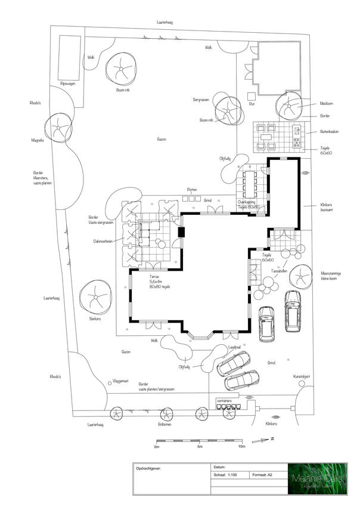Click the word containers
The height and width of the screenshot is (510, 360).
(224, 400)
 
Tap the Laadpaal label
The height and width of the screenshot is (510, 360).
(234, 346)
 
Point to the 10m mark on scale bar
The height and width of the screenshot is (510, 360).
(242, 446)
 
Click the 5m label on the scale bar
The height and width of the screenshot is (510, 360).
(200, 446)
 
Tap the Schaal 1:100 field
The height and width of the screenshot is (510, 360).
(229, 475)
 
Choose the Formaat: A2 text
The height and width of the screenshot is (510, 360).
(262, 475)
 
